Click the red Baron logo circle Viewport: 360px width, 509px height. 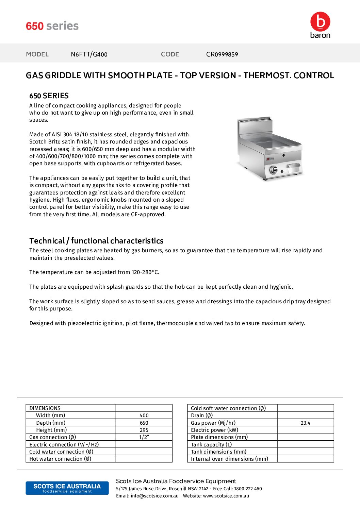pos(320,22)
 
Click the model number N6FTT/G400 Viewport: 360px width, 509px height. pos(89,54)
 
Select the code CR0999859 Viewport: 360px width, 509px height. pos(222,54)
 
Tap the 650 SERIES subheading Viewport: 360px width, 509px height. pos(49,96)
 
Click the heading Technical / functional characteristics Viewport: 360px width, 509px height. pos(96,241)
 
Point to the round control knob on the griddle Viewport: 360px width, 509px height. pos(273,170)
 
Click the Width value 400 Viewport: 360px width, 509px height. pos(144,415)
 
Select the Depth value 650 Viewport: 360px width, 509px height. pos(144,423)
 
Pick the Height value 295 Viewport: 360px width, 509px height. pos(144,430)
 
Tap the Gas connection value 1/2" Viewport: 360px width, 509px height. pos(144,437)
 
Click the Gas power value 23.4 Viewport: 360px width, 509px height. pos(306,423)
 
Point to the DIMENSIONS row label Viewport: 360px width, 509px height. pos(45,408)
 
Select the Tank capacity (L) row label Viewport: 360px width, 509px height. pos(211,445)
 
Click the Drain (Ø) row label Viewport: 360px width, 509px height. pos(202,415)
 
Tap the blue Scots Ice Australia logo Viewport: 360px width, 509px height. pos(67,488)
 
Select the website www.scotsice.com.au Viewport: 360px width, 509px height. pos(226,496)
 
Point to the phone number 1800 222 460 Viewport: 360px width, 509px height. pos(248,489)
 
